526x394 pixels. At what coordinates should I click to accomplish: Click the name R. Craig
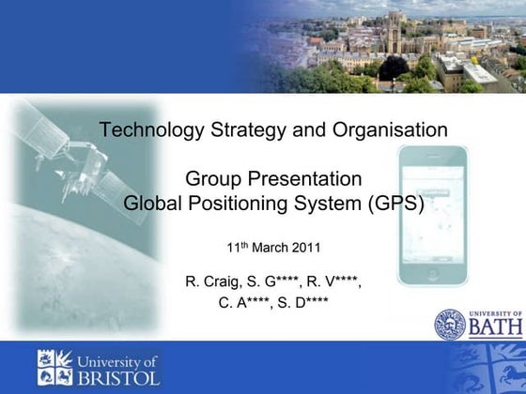tap(209, 280)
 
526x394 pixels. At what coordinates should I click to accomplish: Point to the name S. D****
tap(303, 302)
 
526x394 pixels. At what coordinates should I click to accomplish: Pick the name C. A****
tap(241, 302)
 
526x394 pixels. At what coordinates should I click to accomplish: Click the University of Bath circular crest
tap(449, 326)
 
